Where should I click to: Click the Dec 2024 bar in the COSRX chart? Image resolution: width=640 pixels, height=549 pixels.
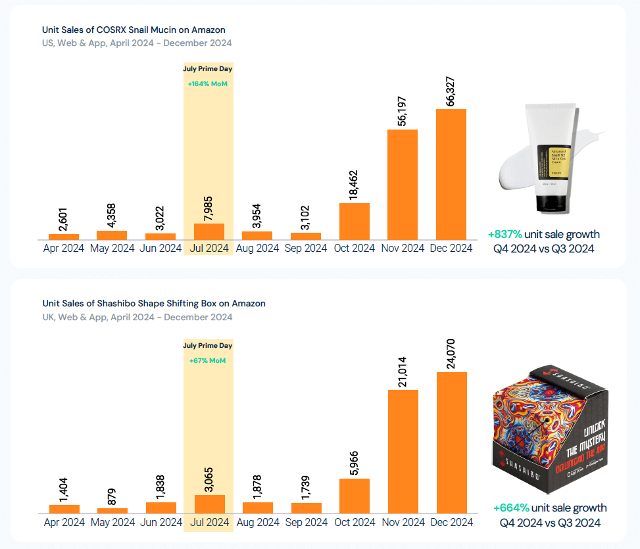tap(451, 174)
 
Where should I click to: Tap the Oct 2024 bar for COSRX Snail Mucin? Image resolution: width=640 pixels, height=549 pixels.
tap(354, 221)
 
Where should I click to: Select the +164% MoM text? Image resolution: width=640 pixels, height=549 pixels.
tap(207, 84)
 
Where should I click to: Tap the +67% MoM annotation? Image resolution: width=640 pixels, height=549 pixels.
tap(207, 360)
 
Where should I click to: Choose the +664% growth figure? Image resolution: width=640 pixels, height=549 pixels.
tap(511, 508)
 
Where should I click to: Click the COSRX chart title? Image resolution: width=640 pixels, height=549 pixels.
tap(134, 30)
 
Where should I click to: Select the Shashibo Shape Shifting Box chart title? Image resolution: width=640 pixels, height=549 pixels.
tap(154, 304)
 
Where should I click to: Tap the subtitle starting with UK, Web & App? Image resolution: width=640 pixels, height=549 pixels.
tap(137, 317)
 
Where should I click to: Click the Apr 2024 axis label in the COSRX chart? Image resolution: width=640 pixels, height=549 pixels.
tap(64, 249)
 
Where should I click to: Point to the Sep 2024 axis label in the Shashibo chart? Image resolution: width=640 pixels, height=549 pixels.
tap(306, 523)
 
